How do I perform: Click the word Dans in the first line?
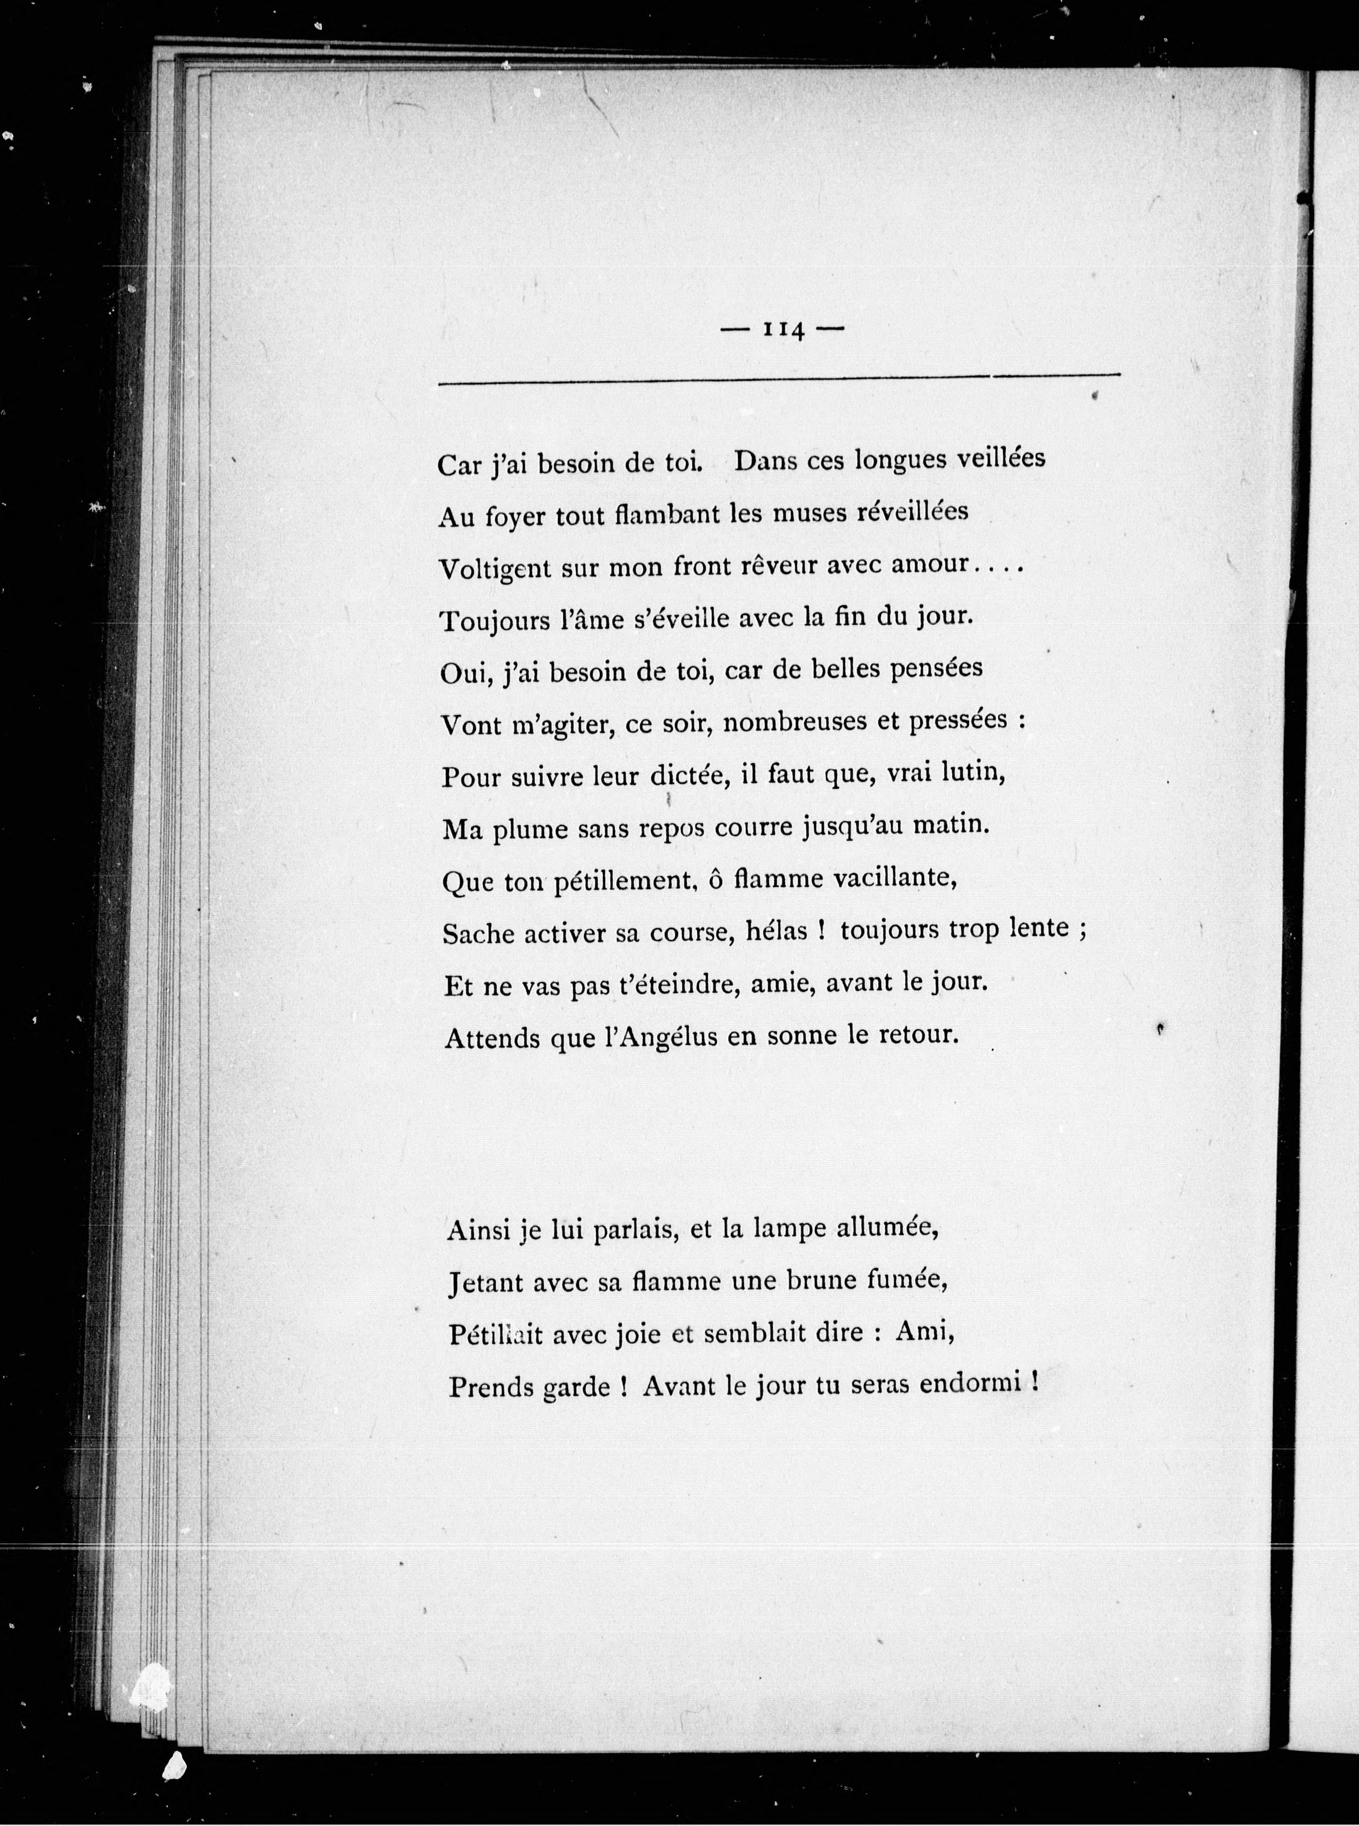tap(765, 460)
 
